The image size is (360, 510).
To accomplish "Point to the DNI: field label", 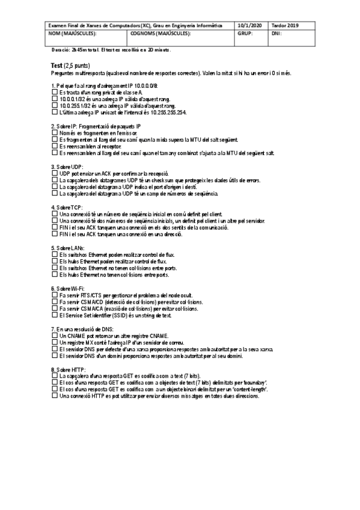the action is pyautogui.click(x=278, y=34).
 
